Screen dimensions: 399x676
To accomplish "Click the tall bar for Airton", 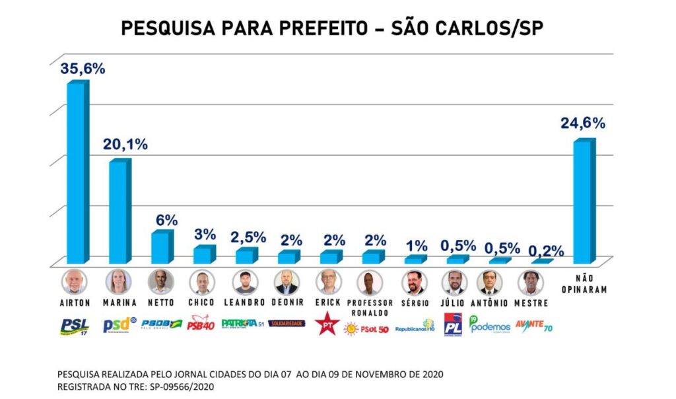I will (x=77, y=173).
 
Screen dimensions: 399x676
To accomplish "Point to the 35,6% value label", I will (x=83, y=69).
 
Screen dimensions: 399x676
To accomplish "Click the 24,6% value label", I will (x=583, y=123).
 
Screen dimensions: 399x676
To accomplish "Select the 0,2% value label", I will (x=546, y=250).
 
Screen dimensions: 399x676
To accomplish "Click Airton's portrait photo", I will (x=74, y=282).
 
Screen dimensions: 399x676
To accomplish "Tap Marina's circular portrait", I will (x=119, y=282).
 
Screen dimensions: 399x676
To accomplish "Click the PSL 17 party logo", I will (x=75, y=325).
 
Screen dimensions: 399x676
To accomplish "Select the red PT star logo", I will (x=327, y=325).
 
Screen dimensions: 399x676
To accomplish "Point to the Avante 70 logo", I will (x=533, y=325).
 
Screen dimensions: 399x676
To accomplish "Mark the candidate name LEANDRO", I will (x=244, y=303).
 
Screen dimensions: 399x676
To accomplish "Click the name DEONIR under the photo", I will (x=287, y=303).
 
